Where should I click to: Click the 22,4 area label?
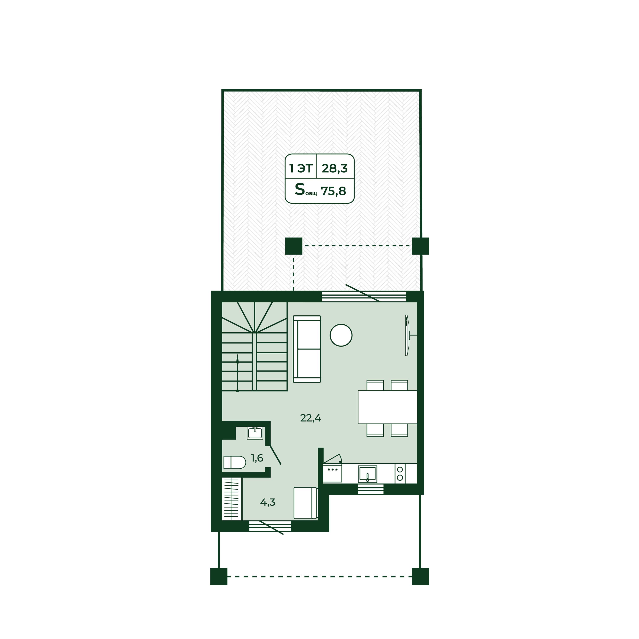click(x=311, y=418)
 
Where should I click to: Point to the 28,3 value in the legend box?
click(x=335, y=168)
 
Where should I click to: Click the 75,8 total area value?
click(x=333, y=191)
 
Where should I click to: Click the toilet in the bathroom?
click(x=235, y=462)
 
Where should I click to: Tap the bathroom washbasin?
click(x=255, y=433)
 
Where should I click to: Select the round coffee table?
click(x=341, y=335)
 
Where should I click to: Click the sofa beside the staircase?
click(x=307, y=349)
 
